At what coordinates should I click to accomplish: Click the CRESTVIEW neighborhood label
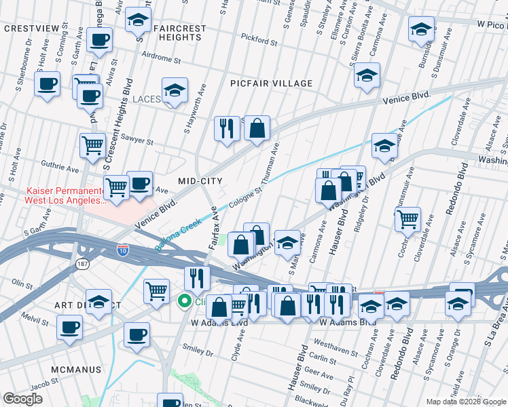pyautogui.click(x=33, y=28)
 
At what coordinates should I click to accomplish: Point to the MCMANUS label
pyautogui.click(x=75, y=370)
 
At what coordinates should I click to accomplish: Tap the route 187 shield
pyautogui.click(x=82, y=263)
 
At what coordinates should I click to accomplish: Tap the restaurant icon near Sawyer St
pyautogui.click(x=227, y=128)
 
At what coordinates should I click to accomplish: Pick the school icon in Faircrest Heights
pyautogui.click(x=138, y=21)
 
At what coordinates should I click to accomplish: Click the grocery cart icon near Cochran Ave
pyautogui.click(x=407, y=219)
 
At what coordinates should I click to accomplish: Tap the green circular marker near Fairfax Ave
pyautogui.click(x=183, y=301)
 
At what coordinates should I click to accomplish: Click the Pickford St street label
pyautogui.click(x=259, y=42)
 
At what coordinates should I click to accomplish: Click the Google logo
pyautogui.click(x=22, y=399)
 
